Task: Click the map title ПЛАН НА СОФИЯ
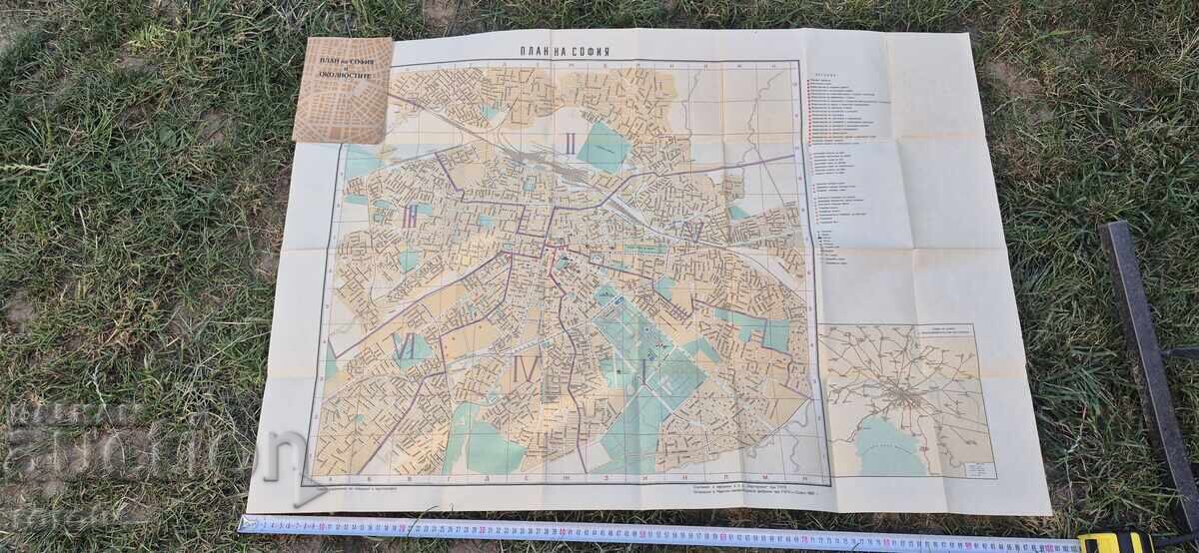coord(566,50)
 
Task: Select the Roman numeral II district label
coord(570,144)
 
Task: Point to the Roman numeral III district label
coord(411,217)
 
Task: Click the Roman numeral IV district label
coord(523,367)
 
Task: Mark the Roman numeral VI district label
coord(406,347)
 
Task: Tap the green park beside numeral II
coord(603,147)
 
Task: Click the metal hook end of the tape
coord(243,522)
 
